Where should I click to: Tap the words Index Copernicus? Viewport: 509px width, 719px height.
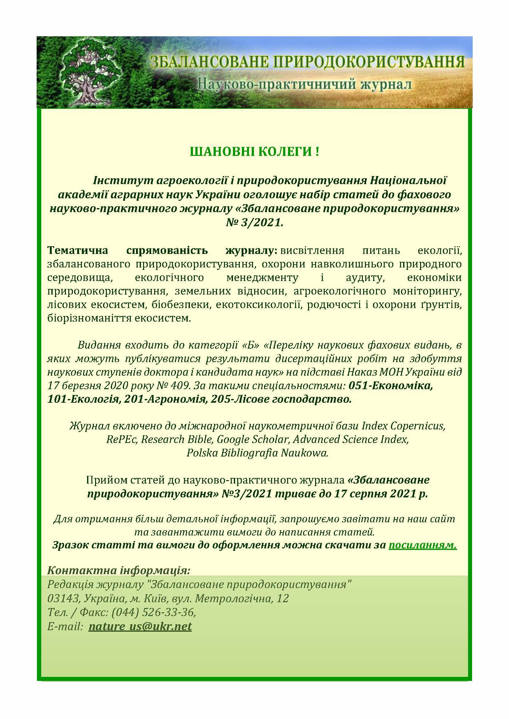(x=403, y=426)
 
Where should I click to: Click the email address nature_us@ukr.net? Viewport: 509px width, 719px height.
(x=140, y=626)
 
